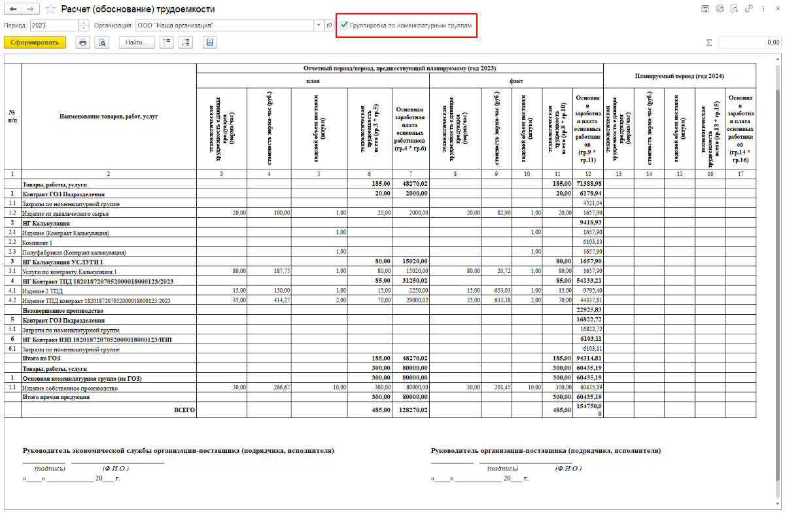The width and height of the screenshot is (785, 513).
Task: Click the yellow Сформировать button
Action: (35, 43)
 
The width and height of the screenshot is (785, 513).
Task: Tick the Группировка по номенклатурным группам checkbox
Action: (344, 26)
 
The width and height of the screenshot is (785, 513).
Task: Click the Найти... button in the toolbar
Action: (137, 43)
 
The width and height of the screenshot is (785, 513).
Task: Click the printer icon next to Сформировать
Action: (82, 43)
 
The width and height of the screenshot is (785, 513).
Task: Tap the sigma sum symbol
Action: (708, 43)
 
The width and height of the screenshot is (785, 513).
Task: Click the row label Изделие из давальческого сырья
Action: (65, 213)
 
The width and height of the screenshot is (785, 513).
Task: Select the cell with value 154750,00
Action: (587, 410)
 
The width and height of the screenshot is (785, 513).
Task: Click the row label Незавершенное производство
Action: (63, 310)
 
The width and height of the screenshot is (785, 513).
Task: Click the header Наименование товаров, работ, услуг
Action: (109, 116)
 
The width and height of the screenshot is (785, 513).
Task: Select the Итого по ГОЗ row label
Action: (41, 359)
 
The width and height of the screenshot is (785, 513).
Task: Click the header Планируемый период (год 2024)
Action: (679, 76)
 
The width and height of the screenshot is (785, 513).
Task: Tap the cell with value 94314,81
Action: (587, 359)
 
